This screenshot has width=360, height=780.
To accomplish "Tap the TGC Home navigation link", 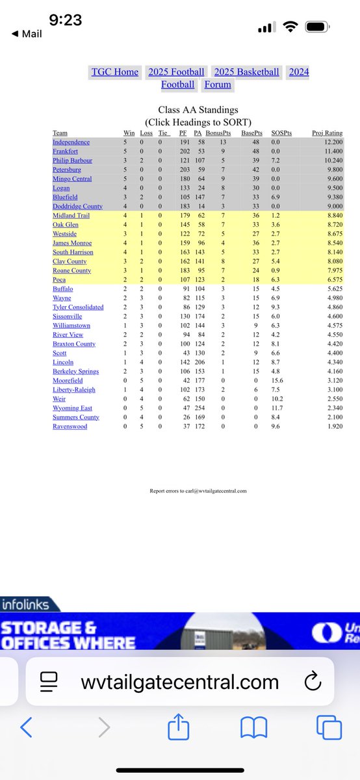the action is pyautogui.click(x=114, y=72).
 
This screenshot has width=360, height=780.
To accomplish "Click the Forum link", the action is pyautogui.click(x=218, y=84).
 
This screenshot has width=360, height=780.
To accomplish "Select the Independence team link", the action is pyautogui.click(x=71, y=142).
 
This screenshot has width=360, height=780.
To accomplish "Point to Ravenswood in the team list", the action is pyautogui.click(x=71, y=426).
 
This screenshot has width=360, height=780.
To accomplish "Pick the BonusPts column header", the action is pyautogui.click(x=218, y=133).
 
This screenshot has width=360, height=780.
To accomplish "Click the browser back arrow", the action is pyautogui.click(x=26, y=727).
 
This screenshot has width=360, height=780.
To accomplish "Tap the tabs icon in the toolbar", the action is pyautogui.click(x=329, y=727).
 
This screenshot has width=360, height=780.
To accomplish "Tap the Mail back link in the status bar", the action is pyautogui.click(x=28, y=34).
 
